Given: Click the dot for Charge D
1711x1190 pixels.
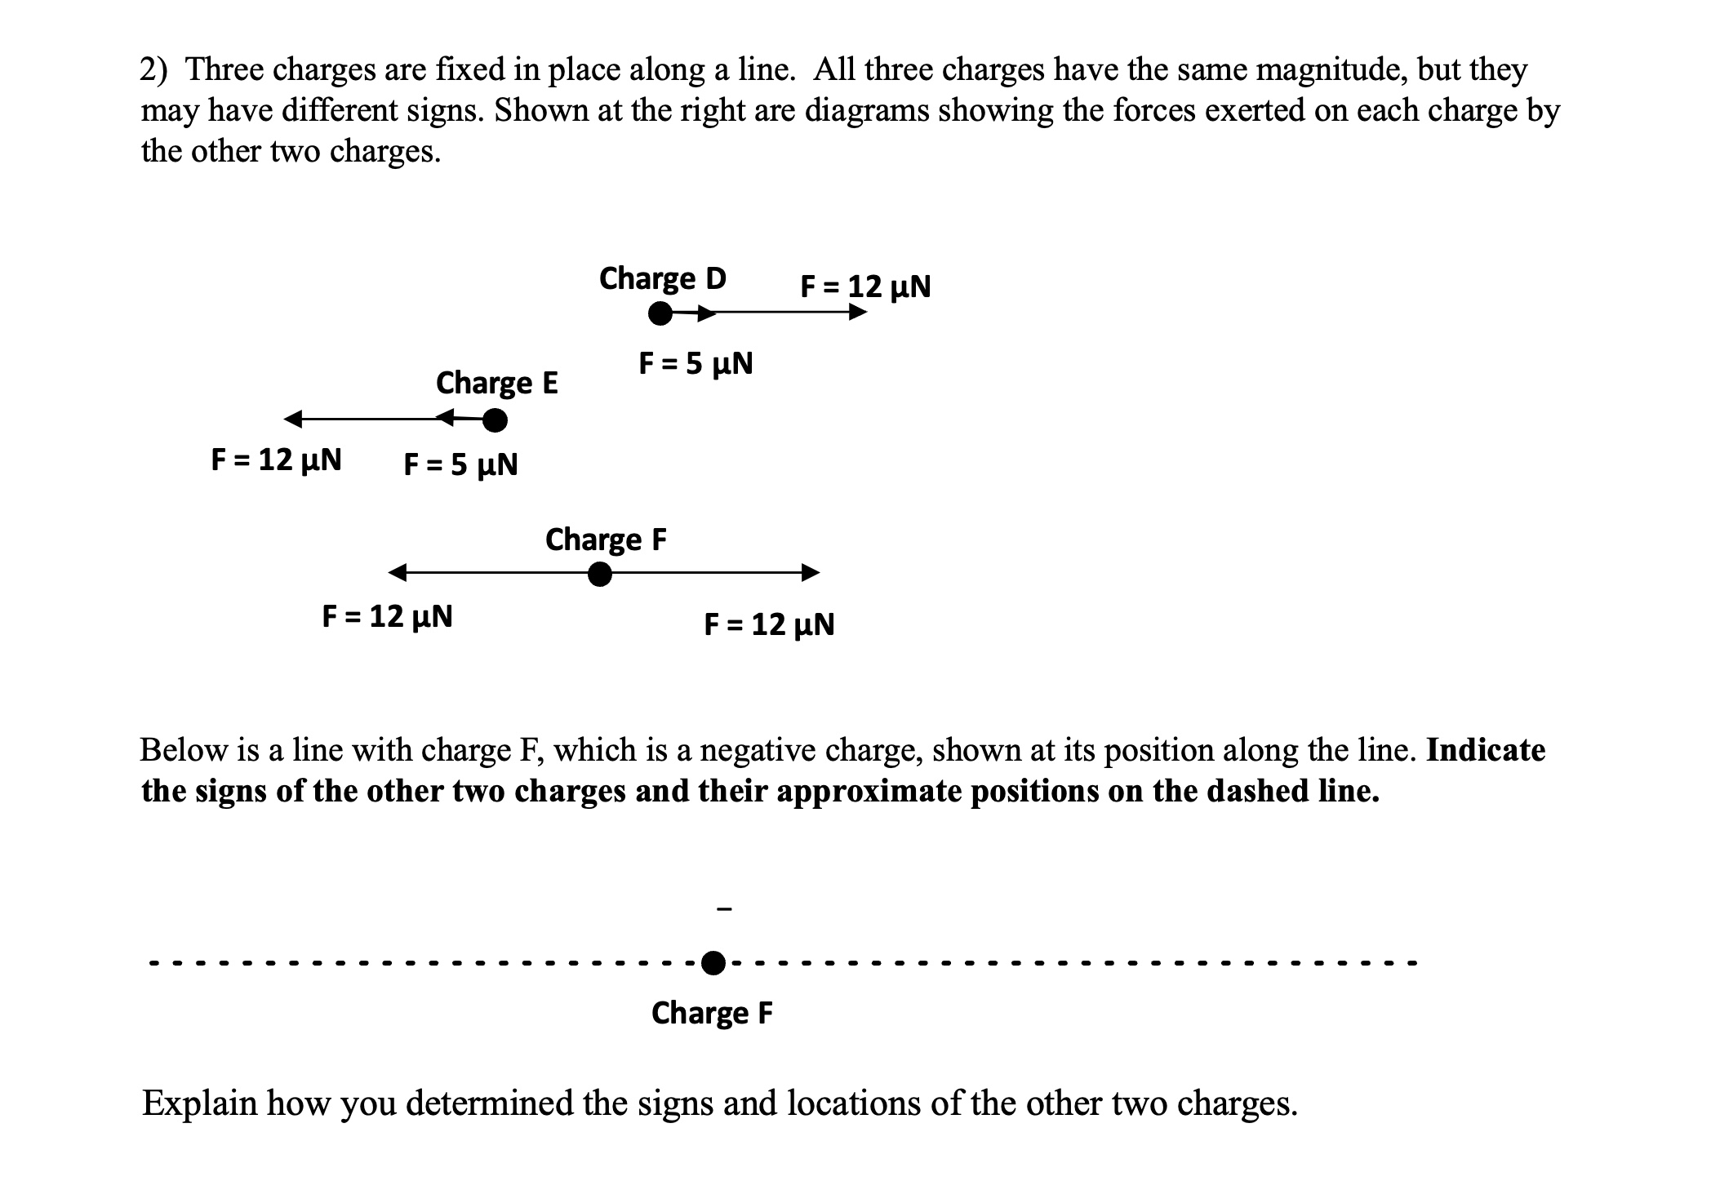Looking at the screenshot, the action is tap(660, 313).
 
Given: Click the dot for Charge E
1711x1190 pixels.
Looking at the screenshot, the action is tap(495, 420).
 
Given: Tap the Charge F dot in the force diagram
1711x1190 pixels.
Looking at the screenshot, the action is tap(600, 575).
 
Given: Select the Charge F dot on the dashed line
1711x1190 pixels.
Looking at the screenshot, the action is tap(713, 963).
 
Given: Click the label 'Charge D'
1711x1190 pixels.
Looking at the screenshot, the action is tap(662, 279).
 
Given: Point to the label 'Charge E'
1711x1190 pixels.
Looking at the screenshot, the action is tap(496, 383).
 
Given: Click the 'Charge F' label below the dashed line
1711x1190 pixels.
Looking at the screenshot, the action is tap(712, 1013).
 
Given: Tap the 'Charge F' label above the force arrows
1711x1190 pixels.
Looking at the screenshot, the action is tap(606, 539).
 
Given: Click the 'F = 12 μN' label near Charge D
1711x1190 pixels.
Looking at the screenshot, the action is tap(865, 286).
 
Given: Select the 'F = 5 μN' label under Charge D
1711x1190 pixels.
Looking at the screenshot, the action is tap(696, 363).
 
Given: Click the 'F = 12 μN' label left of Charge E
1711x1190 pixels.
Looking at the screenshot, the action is tap(276, 460).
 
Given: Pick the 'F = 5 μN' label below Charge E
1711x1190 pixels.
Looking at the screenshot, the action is tap(460, 464).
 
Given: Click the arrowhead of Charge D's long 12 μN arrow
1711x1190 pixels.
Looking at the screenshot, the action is tap(858, 313).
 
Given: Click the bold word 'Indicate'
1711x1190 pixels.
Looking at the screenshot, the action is tap(1486, 750).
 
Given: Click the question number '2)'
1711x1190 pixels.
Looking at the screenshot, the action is tap(154, 70).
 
